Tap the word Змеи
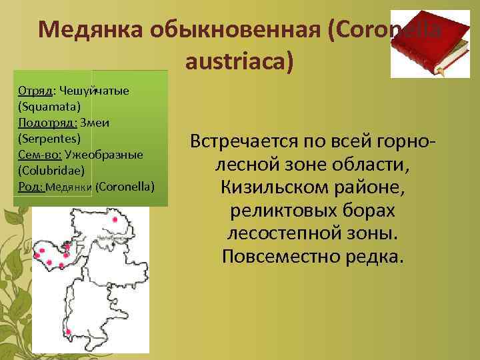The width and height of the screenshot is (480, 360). [95, 123]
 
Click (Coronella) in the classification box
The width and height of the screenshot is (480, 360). [125, 187]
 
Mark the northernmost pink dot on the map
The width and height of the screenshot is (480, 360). [115, 219]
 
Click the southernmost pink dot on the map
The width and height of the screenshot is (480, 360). [61, 266]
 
